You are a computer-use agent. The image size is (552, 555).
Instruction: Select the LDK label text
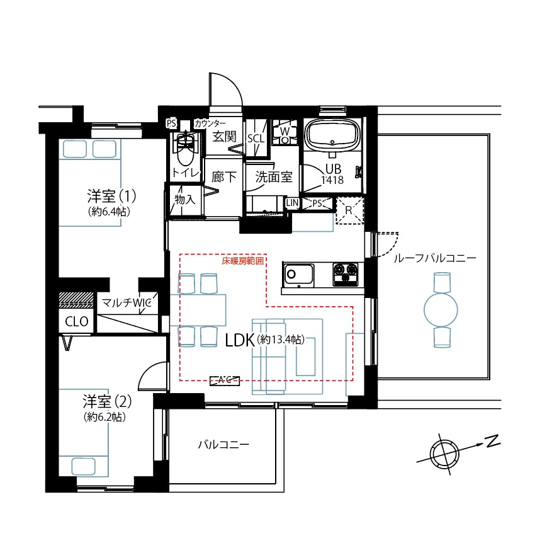(x=239, y=340)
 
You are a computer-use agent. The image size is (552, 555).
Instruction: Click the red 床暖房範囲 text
(x=242, y=260)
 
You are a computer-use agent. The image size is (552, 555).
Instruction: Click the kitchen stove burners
(x=347, y=274)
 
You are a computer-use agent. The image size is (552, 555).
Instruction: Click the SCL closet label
(x=256, y=138)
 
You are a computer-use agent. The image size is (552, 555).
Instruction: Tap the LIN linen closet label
(x=292, y=203)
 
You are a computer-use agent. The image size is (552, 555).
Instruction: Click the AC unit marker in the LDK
(x=225, y=379)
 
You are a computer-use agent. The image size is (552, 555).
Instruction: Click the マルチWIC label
(x=127, y=303)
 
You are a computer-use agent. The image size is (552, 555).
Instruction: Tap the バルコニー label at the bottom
(x=223, y=445)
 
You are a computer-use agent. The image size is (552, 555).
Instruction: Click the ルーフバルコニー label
(x=435, y=258)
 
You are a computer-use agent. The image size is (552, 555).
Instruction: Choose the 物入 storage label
(x=184, y=200)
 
